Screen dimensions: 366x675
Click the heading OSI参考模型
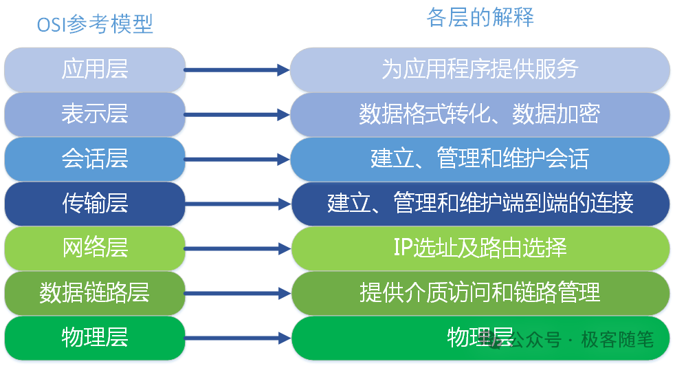95,24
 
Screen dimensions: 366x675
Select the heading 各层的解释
480,18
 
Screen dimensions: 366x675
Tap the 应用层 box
95,69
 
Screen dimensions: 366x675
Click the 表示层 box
95,114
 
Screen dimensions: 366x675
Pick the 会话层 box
95,159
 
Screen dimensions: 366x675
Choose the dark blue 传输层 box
95,204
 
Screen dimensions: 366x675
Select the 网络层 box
95,248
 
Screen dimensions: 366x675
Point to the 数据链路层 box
95,293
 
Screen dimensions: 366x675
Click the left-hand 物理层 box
95,338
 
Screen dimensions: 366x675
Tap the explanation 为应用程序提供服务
480,69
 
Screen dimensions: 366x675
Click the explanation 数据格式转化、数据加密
480,114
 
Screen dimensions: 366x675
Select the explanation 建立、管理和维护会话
480,159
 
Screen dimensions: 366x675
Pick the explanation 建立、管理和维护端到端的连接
480,204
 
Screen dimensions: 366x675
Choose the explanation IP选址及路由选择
480,248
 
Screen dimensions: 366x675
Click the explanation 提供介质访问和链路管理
480,293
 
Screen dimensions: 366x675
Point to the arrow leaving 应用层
237,69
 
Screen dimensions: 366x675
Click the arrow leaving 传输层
237,204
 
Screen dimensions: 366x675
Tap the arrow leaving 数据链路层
237,293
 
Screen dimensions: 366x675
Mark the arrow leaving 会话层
237,159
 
